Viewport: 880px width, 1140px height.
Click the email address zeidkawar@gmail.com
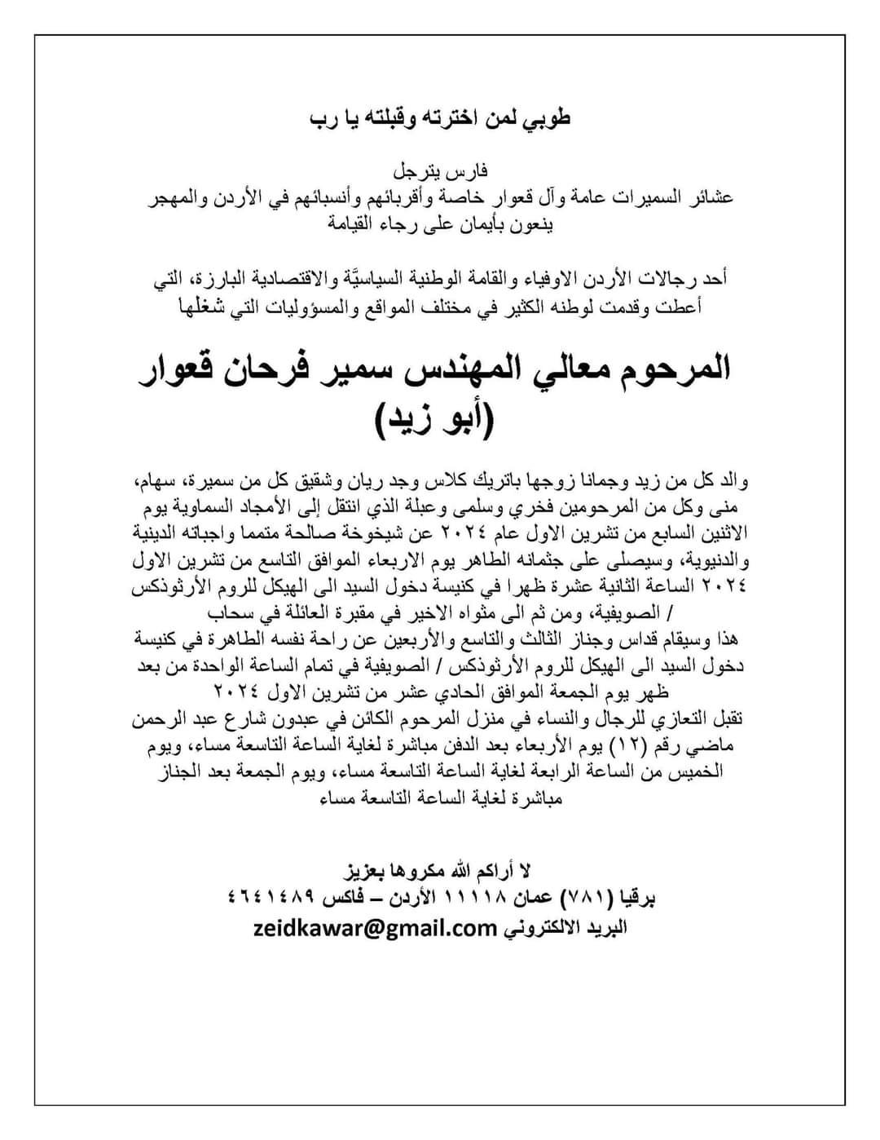(363, 928)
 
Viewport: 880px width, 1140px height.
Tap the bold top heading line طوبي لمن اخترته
(440, 118)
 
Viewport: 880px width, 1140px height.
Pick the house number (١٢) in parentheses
(645, 745)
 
